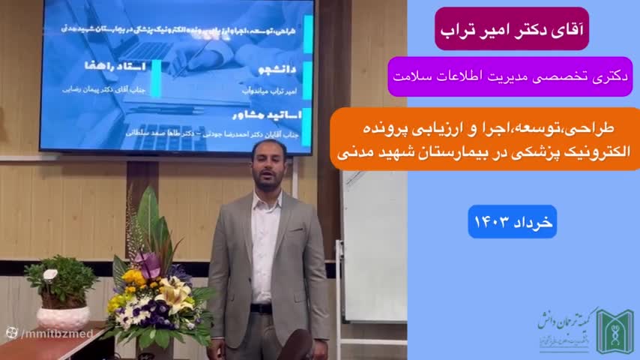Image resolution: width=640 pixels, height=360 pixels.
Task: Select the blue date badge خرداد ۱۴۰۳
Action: (x=512, y=222)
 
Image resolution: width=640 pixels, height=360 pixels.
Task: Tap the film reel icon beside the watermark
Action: (x=12, y=333)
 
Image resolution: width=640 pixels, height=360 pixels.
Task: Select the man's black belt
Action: (x=262, y=308)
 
